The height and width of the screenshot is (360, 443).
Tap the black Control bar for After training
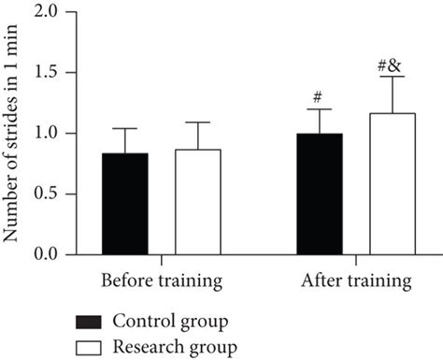320,194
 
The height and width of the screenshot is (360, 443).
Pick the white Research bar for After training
393,184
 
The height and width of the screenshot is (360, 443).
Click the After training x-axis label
356,280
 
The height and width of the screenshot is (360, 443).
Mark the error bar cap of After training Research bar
393,77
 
